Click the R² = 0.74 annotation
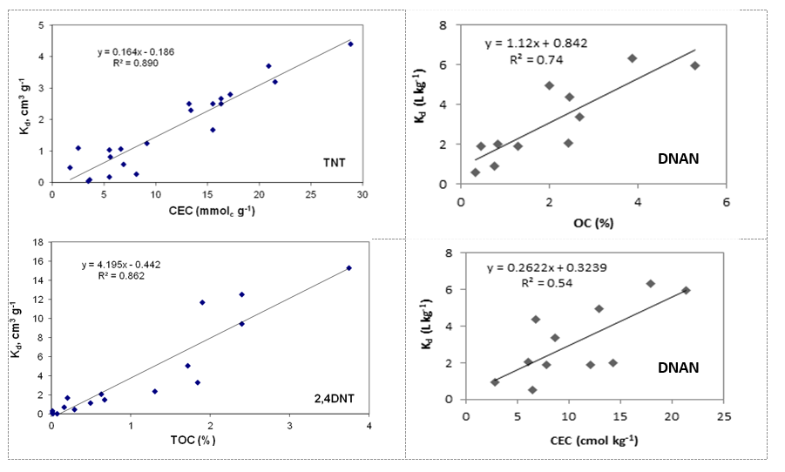pyautogui.click(x=536, y=60)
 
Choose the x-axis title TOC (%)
pyautogui.click(x=192, y=440)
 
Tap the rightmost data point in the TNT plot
pyautogui.click(x=350, y=44)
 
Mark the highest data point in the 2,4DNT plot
pyautogui.click(x=349, y=268)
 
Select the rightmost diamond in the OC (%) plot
pyautogui.click(x=694, y=65)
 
